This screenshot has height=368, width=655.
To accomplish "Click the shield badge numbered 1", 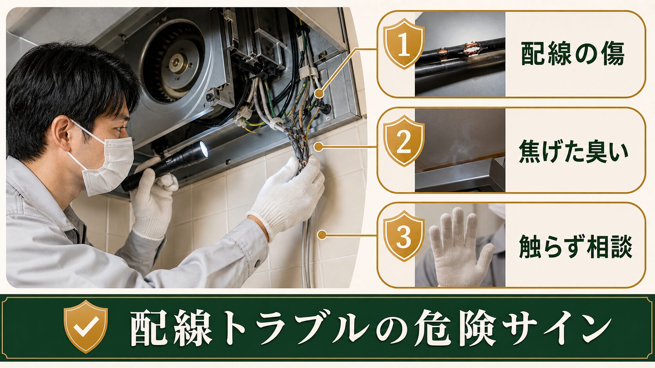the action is pos(404,44).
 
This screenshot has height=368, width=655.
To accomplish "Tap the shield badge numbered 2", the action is pos(404,141).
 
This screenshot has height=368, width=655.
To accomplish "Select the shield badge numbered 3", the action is pos(404,236).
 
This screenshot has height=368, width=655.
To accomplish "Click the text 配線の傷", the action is pos(573,54).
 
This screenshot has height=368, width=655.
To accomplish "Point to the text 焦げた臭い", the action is pos(574,151).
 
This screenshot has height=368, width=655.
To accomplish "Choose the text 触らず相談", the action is pos(575,246).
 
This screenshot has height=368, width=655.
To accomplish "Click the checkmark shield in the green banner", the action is pos(86,327).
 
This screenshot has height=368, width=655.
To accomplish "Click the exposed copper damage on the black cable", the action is pos(471,48).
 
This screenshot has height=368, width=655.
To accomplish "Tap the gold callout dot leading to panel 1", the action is pos(319,94).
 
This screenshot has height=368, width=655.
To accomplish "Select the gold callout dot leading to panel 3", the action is pos(322,235).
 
